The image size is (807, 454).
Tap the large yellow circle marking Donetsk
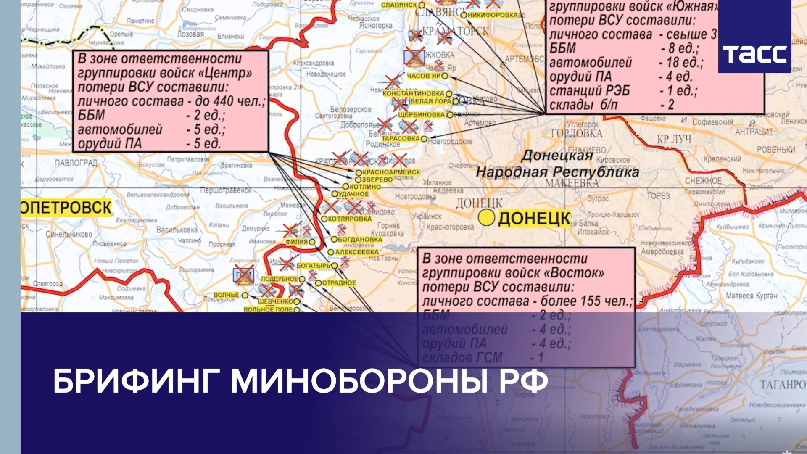(487, 217)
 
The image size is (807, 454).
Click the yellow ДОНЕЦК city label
(534, 219)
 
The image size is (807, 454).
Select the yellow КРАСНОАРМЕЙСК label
(391, 172)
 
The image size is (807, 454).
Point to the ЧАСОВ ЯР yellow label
(424, 76)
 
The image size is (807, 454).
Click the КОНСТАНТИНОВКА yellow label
(414, 93)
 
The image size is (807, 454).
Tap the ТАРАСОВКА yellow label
(401, 138)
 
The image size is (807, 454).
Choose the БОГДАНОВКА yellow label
(360, 239)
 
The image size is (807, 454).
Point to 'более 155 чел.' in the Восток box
(586, 301)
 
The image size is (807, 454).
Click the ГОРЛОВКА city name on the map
(576, 134)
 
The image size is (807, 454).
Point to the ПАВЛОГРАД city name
(76, 163)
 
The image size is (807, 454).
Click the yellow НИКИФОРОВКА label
(492, 15)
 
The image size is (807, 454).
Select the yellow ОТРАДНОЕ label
(339, 283)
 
